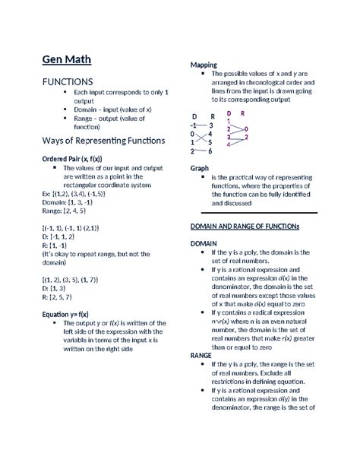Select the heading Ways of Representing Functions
pyautogui.click(x=103, y=141)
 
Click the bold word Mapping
pyautogui.click(x=204, y=65)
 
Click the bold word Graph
pyautogui.click(x=199, y=168)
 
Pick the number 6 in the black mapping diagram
pyautogui.click(x=210, y=151)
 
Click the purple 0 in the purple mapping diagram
pyautogui.click(x=245, y=129)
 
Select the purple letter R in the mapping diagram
pyautogui.click(x=242, y=113)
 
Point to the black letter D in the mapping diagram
pyautogui.click(x=194, y=116)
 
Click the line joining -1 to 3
pyautogui.click(x=202, y=125)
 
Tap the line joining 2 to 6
pyautogui.click(x=202, y=151)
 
